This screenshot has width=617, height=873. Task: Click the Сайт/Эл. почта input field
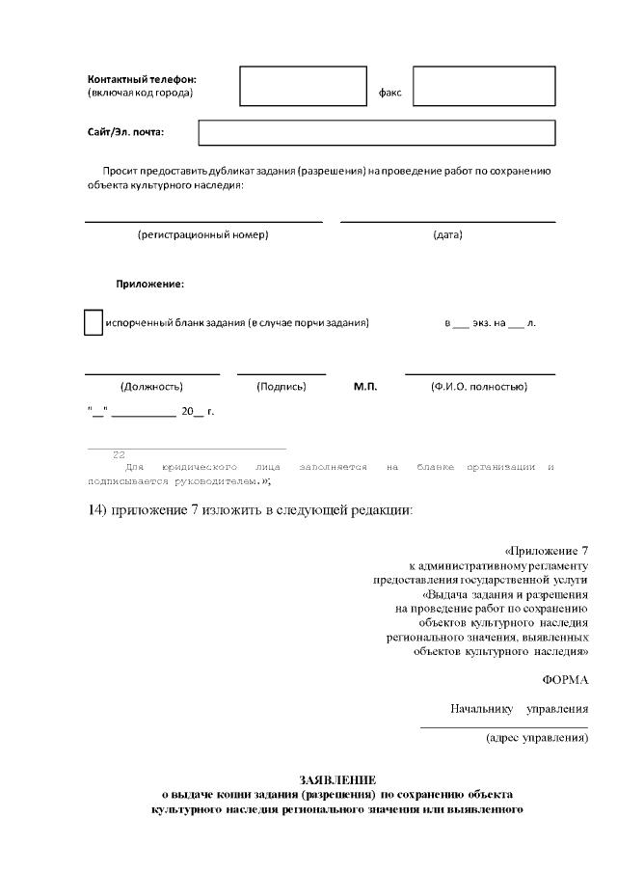click(x=378, y=132)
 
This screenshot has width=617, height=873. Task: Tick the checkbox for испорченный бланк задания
click(x=93, y=322)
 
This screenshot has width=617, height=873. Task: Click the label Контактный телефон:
click(x=142, y=78)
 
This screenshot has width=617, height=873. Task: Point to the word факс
click(x=389, y=94)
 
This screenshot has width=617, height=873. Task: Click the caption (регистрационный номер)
click(x=202, y=234)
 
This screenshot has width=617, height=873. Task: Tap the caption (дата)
click(x=447, y=234)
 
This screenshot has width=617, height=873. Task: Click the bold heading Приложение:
click(x=150, y=285)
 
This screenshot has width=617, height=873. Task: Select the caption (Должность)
click(x=151, y=387)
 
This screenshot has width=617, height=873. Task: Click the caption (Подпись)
click(x=282, y=387)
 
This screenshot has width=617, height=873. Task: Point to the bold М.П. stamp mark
click(x=365, y=387)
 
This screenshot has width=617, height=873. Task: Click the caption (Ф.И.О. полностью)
click(x=478, y=387)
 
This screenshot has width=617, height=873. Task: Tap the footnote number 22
click(x=119, y=454)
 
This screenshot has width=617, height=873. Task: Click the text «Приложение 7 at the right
click(x=546, y=550)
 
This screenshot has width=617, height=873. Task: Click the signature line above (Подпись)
click(x=282, y=373)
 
